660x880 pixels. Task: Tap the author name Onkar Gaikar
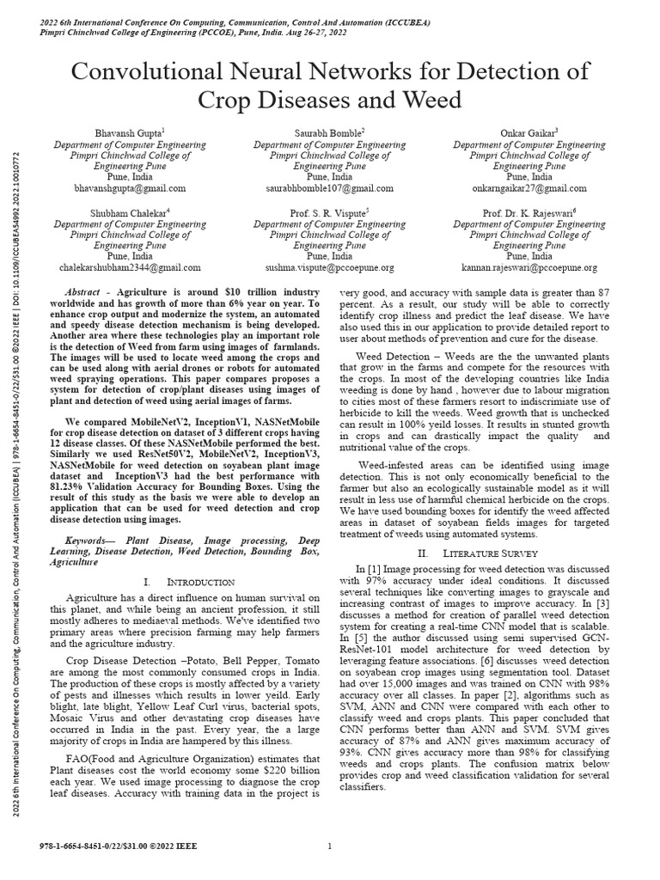(529, 133)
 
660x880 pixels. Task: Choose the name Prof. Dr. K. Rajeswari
(529, 212)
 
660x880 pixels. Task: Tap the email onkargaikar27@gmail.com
(529, 188)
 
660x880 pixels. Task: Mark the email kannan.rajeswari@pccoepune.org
(529, 268)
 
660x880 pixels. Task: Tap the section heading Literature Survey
(482, 553)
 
